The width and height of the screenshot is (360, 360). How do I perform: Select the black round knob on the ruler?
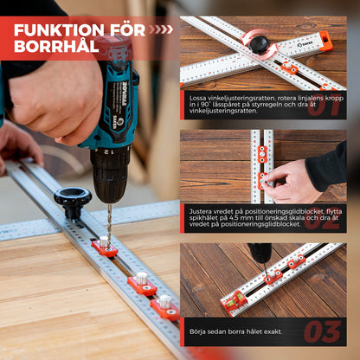click(72, 201)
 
